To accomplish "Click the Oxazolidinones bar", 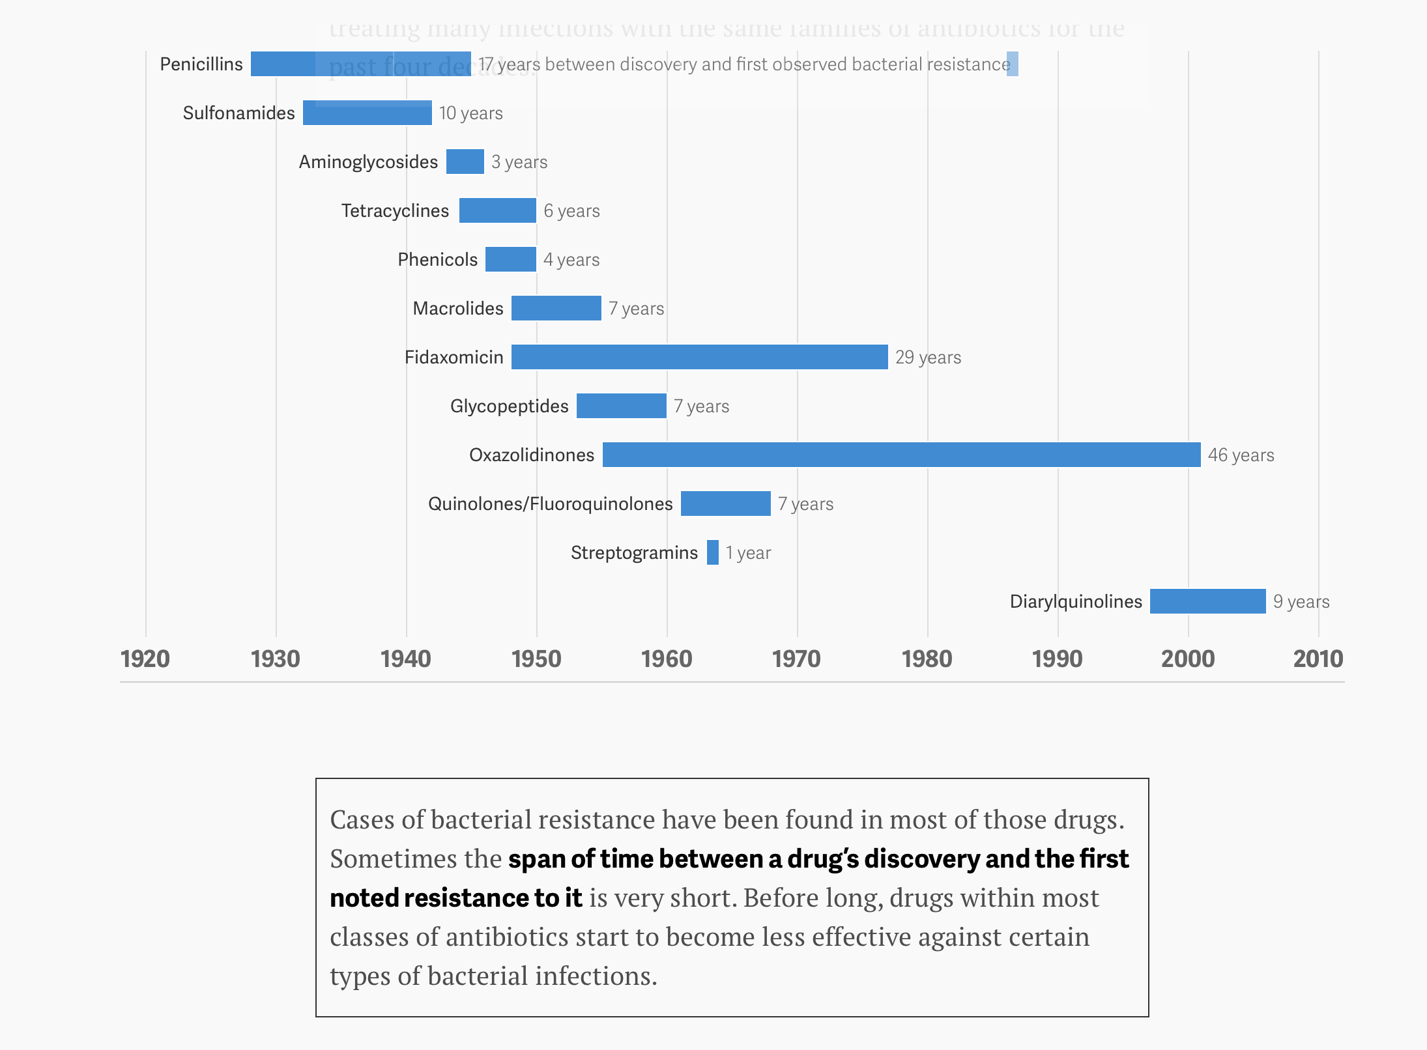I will click(x=901, y=455).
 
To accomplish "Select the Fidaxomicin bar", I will click(x=699, y=357).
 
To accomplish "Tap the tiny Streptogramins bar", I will click(x=713, y=552).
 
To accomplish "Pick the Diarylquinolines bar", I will click(x=1207, y=601).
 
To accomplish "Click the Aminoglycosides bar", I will click(x=465, y=162).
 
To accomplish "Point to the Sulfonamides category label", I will click(x=238, y=113).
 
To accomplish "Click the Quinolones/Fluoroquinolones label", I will click(x=550, y=504).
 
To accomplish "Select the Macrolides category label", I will click(x=458, y=309).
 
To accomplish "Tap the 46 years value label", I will click(x=1241, y=455).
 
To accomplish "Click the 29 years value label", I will click(x=928, y=358).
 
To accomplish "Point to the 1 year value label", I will click(x=748, y=553).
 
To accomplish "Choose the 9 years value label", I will click(x=1301, y=602).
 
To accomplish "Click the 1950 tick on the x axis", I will click(x=536, y=659).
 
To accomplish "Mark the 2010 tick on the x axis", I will click(x=1318, y=659).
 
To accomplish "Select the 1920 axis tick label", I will click(x=145, y=659).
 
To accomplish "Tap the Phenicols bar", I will click(x=511, y=259).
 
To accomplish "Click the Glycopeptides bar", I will click(x=622, y=406).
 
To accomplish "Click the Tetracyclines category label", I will click(x=395, y=211).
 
